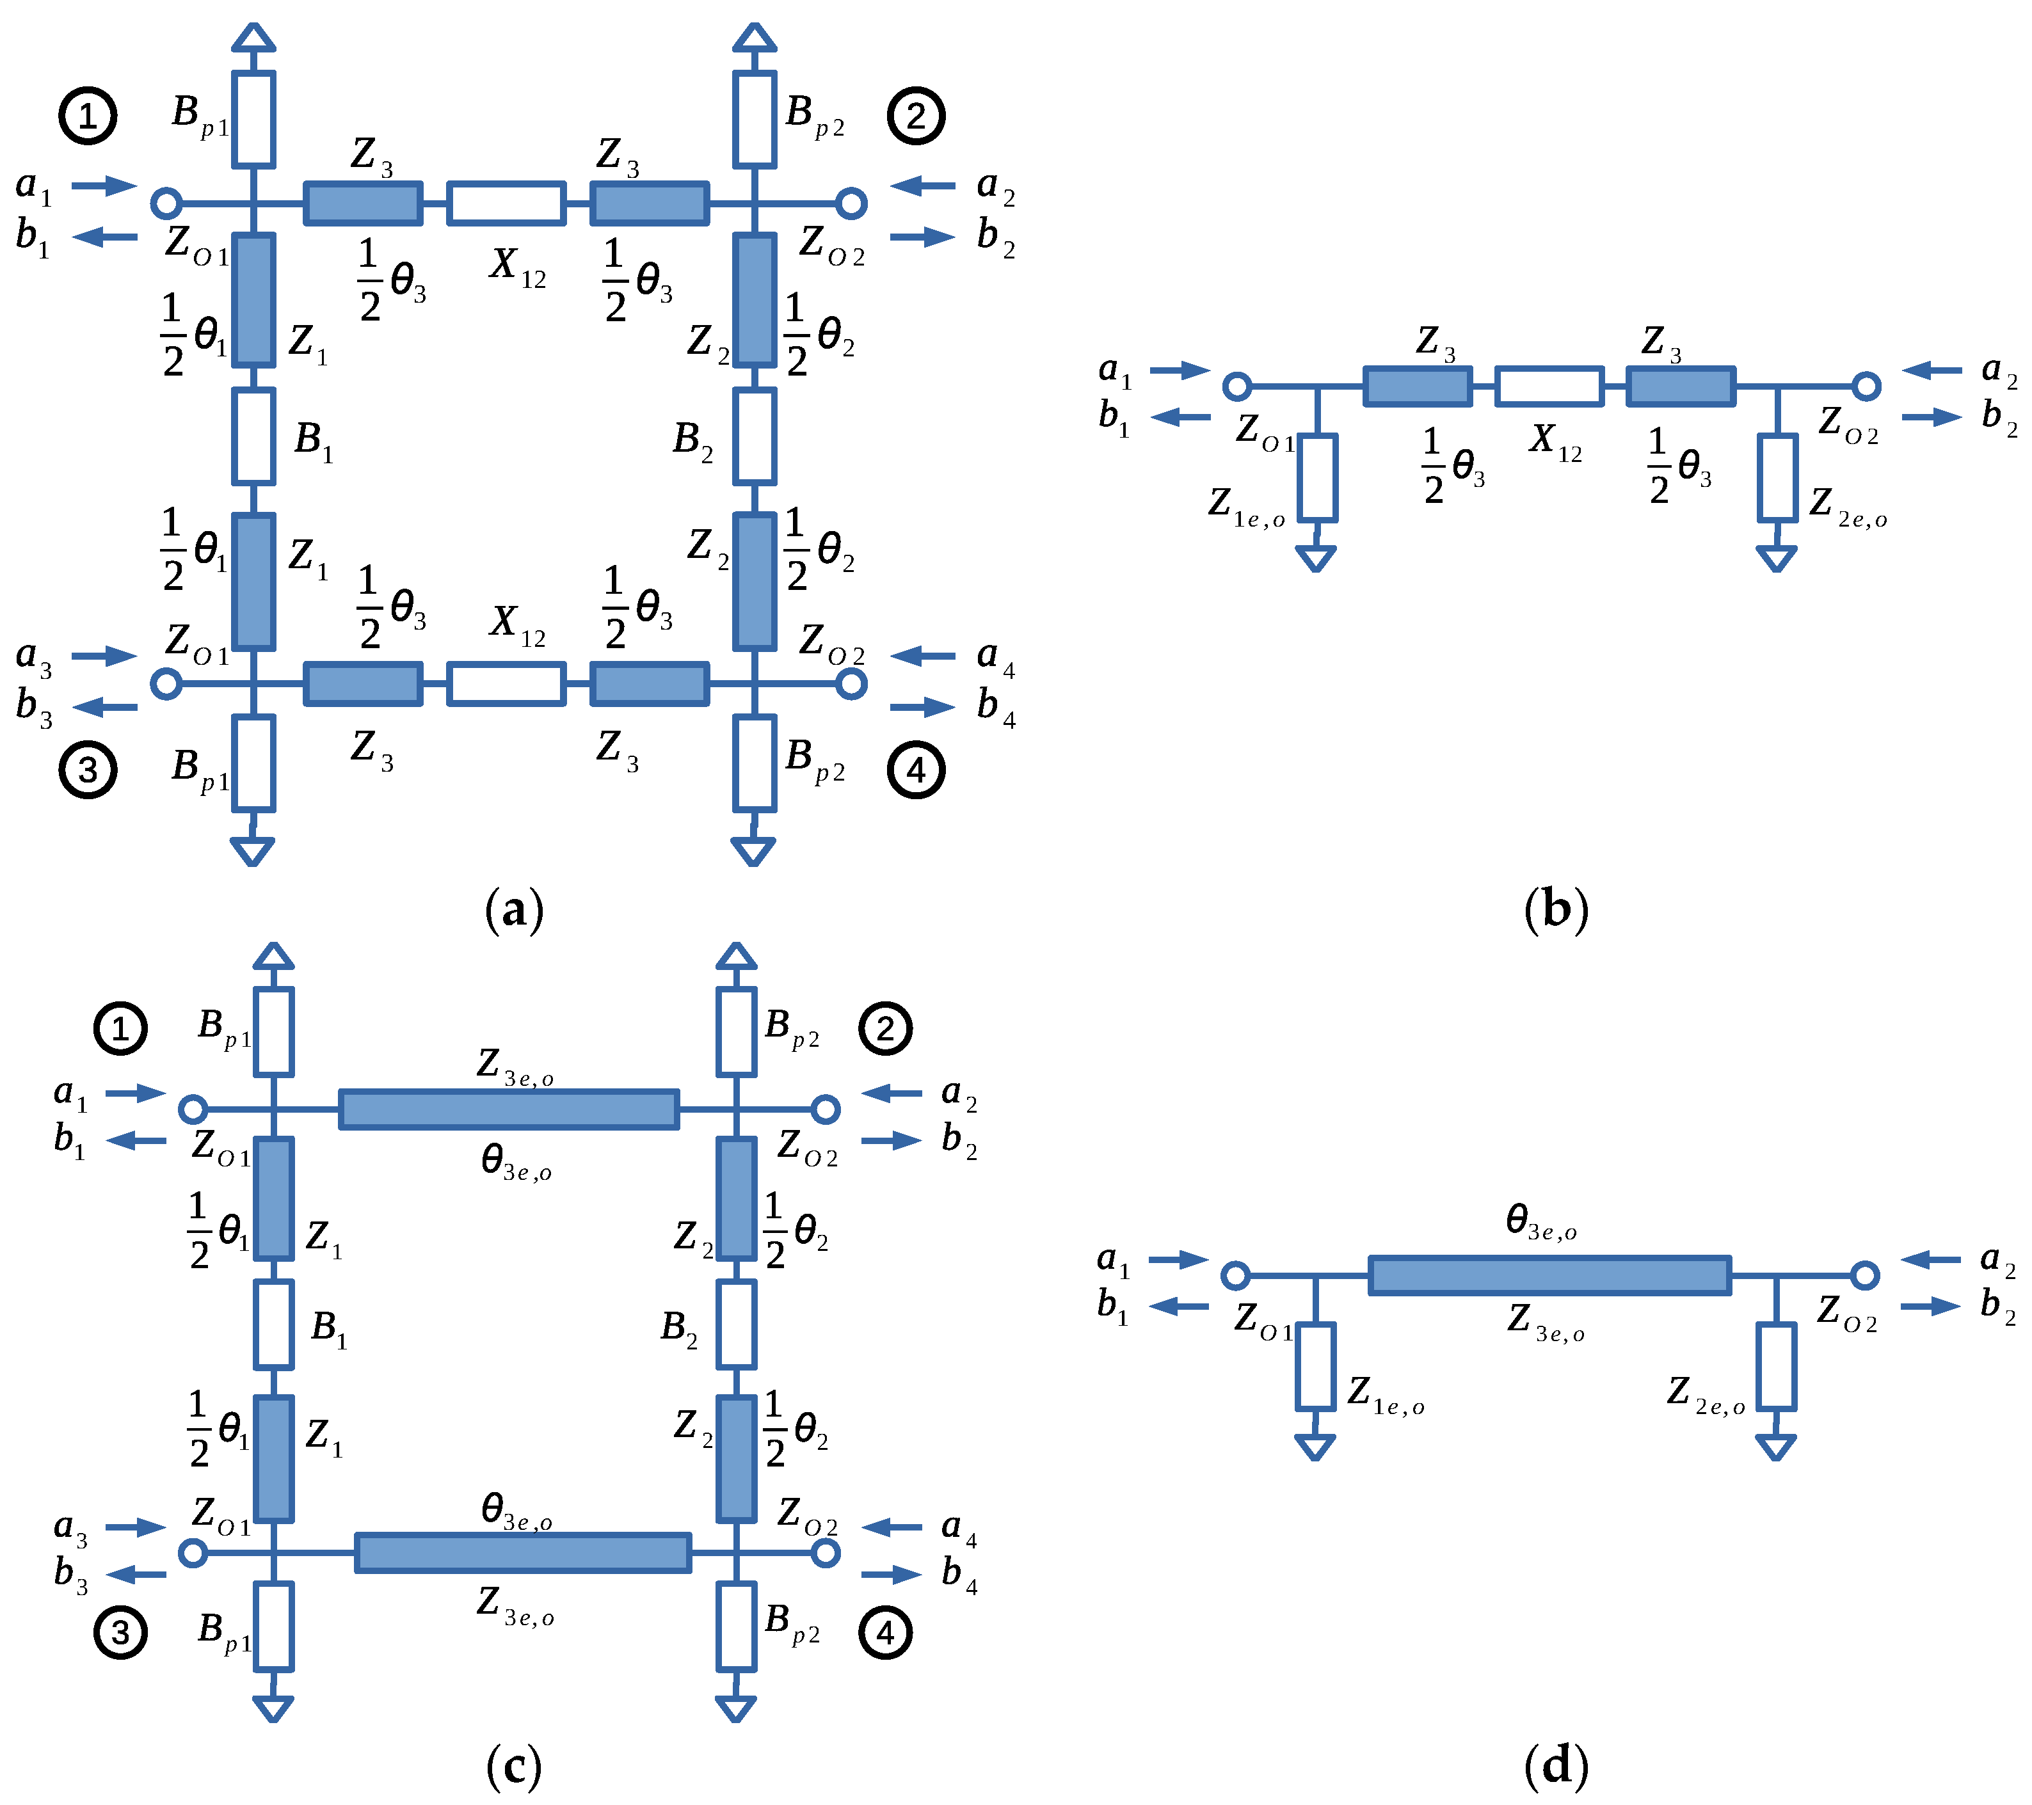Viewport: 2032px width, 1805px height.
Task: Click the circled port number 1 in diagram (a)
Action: (x=88, y=116)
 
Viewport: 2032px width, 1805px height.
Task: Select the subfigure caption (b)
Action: (x=1556, y=909)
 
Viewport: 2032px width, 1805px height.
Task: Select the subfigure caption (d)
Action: (x=1556, y=1765)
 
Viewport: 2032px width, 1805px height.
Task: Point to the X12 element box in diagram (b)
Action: (x=1549, y=386)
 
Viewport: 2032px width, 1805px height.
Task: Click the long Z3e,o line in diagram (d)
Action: (x=1549, y=1275)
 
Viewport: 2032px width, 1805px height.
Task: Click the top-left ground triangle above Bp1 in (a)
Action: (x=253, y=38)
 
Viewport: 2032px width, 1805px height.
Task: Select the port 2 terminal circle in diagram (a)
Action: (x=851, y=203)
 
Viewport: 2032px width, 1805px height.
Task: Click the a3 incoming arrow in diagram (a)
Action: (x=104, y=656)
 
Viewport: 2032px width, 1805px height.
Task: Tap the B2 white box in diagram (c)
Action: (x=735, y=1324)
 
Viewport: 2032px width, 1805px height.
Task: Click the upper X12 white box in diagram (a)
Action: (x=506, y=203)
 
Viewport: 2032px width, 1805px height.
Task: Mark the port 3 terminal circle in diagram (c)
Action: (x=193, y=1552)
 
